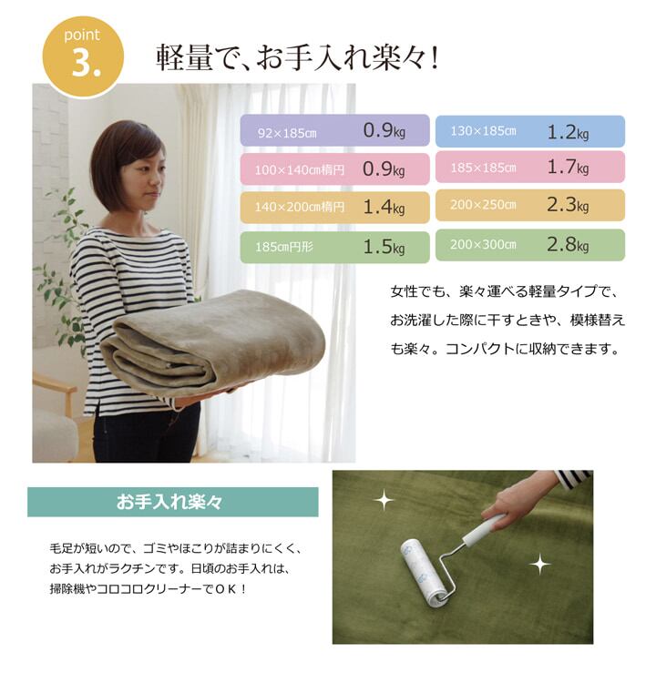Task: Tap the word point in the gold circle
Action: [82, 35]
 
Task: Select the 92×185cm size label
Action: [287, 133]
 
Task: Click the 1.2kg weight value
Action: [568, 131]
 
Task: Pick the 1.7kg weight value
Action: [568, 167]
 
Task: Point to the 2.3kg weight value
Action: [568, 204]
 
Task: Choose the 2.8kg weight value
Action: [568, 244]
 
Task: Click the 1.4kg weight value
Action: [384, 207]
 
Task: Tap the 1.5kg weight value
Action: [384, 247]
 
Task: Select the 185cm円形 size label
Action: [284, 247]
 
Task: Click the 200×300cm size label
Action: [483, 244]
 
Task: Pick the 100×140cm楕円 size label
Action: [300, 169]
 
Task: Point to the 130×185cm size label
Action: [483, 130]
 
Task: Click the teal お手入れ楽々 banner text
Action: [169, 502]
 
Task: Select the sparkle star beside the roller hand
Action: [540, 565]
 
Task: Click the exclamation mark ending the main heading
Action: [433, 59]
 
